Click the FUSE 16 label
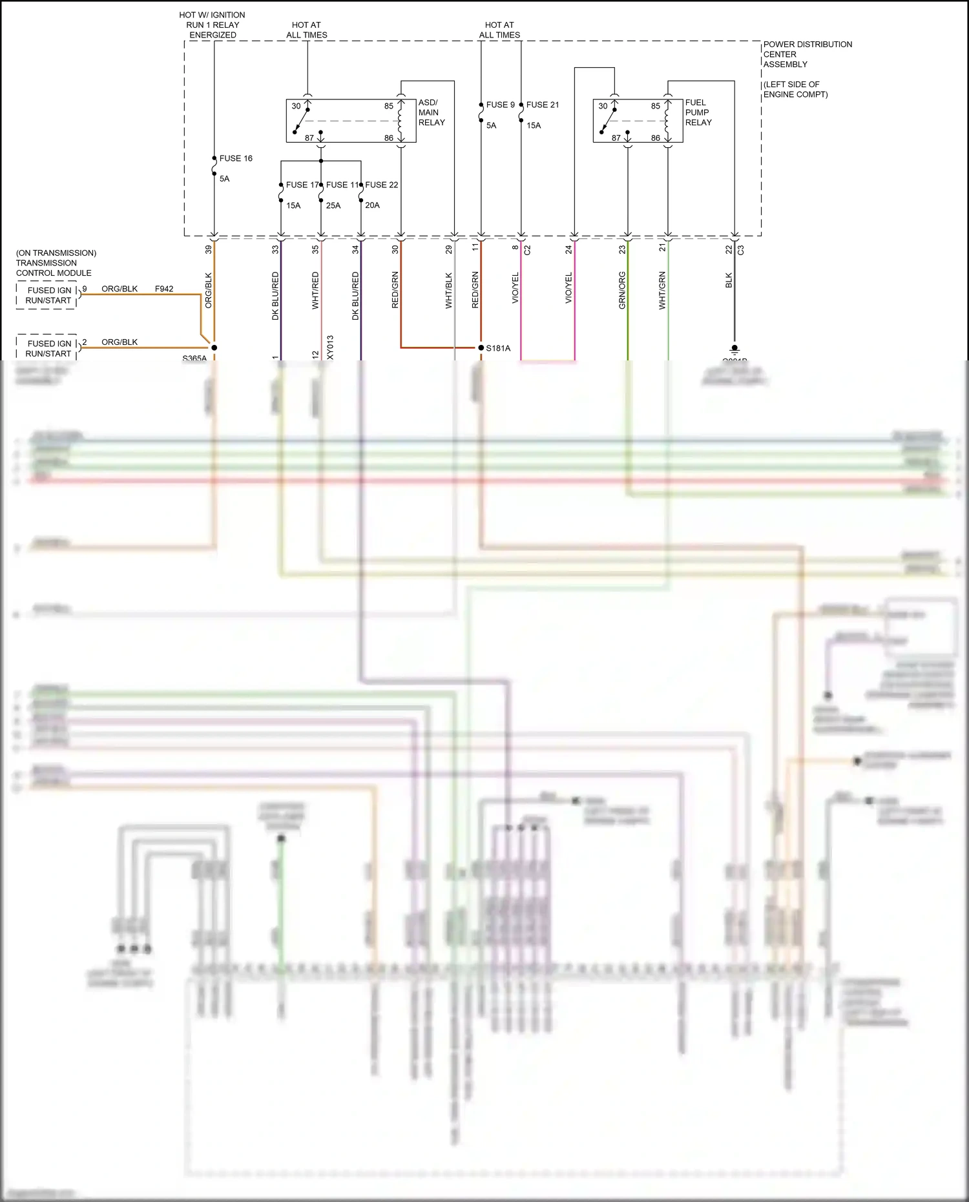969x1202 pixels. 236,158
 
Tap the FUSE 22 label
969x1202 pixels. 382,185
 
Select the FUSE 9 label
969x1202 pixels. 500,105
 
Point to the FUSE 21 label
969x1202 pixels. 543,105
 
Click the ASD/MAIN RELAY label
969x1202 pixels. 431,112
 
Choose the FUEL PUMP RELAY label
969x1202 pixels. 698,112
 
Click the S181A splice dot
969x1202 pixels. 481,347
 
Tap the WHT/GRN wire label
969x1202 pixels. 662,290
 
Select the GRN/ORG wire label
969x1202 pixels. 622,290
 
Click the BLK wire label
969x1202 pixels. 729,280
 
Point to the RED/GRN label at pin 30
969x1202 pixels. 395,290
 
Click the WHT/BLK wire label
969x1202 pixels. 449,290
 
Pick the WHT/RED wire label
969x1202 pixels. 315,290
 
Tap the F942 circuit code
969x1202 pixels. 164,289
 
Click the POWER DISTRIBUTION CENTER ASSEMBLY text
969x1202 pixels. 807,54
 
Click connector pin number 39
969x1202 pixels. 209,249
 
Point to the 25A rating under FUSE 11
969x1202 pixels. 333,205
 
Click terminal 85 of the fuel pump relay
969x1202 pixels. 656,106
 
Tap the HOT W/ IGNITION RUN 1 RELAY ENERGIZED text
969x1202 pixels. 213,25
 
